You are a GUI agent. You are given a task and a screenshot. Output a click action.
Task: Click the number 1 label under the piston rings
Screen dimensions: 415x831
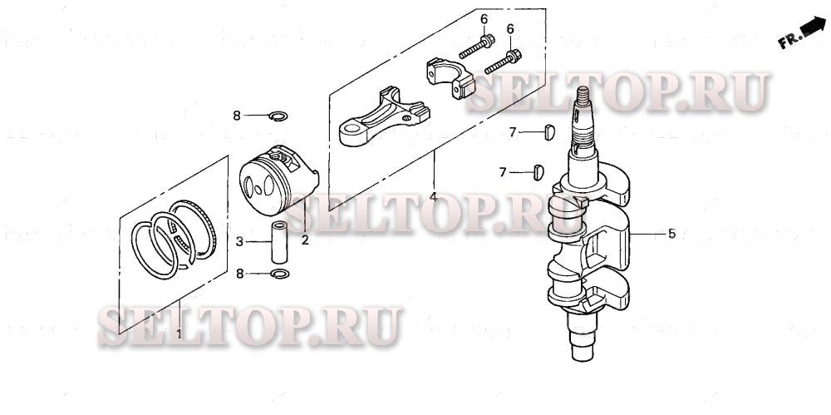pos(179,333)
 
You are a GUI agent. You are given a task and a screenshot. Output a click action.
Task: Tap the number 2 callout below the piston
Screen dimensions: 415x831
pos(305,240)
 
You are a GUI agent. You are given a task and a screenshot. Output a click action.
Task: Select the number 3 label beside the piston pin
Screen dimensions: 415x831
pos(240,242)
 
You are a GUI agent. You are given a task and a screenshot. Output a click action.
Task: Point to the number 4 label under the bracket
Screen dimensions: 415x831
pos(433,197)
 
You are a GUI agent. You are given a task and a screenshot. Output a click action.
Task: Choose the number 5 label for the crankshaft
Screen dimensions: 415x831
pos(671,234)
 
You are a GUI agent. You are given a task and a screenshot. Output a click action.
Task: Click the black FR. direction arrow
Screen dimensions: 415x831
pos(810,32)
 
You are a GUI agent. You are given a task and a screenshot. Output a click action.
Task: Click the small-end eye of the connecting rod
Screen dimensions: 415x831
pos(352,129)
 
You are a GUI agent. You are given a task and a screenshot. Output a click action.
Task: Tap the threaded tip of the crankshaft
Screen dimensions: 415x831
pos(584,102)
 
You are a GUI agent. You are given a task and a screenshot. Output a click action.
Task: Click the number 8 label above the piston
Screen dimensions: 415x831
pos(237,116)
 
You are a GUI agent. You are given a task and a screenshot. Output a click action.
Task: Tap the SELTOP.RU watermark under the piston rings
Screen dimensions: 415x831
pos(249,325)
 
